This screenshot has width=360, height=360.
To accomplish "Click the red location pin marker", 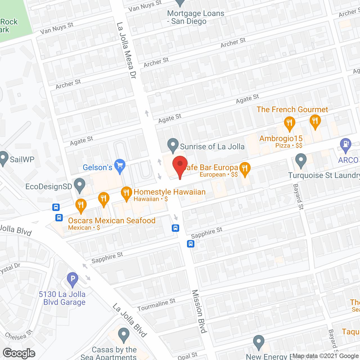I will [x=180, y=166].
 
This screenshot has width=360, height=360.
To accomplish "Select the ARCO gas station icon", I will [x=345, y=145].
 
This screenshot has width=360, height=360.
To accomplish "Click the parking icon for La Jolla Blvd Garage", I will [x=73, y=280].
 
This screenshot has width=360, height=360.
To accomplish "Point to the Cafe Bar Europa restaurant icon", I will [x=245, y=169].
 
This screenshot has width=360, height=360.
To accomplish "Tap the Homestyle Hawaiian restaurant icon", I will [x=127, y=193].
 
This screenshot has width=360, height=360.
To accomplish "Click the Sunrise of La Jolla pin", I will [x=173, y=145].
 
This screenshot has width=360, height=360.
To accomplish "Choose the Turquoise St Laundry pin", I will [x=301, y=160].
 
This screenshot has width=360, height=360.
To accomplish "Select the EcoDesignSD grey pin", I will [x=80, y=185].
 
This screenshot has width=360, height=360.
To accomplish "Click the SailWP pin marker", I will [x=4, y=158].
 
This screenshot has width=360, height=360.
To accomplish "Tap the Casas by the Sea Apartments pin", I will [x=123, y=335].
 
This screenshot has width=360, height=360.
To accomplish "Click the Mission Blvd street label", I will [x=199, y=311].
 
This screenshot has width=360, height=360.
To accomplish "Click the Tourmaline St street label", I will [x=156, y=305].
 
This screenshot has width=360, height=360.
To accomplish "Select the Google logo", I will [x=19, y=353].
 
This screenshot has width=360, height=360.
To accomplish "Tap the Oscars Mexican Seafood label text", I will [x=112, y=220].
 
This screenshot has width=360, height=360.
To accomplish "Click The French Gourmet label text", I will [x=292, y=109].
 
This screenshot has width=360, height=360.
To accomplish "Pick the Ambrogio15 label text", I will [x=281, y=138].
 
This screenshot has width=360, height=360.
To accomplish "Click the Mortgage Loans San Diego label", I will [x=195, y=17].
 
